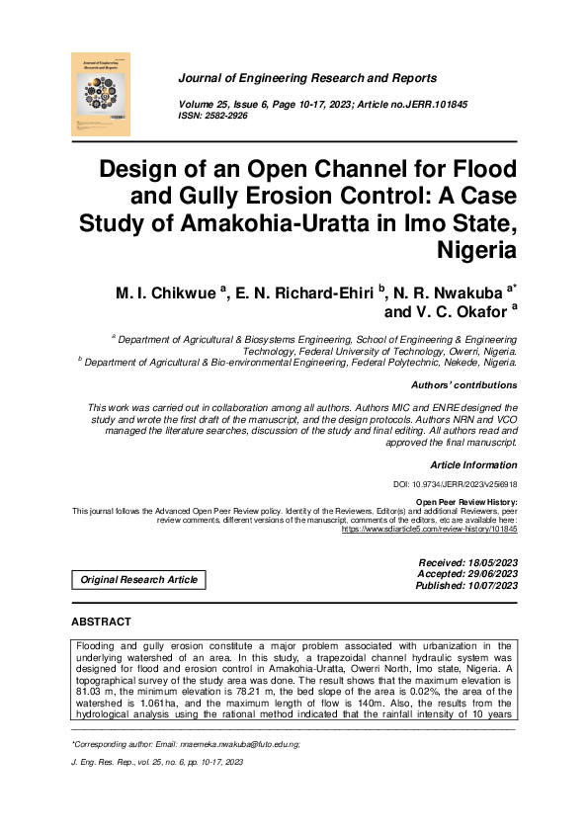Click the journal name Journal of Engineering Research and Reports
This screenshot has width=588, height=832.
(x=307, y=78)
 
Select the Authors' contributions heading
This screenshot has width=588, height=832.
(x=462, y=385)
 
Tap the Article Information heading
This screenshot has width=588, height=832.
(x=472, y=464)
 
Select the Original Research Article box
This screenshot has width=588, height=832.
(x=138, y=580)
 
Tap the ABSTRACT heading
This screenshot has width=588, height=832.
(x=101, y=623)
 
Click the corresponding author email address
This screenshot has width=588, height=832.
(x=233, y=744)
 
